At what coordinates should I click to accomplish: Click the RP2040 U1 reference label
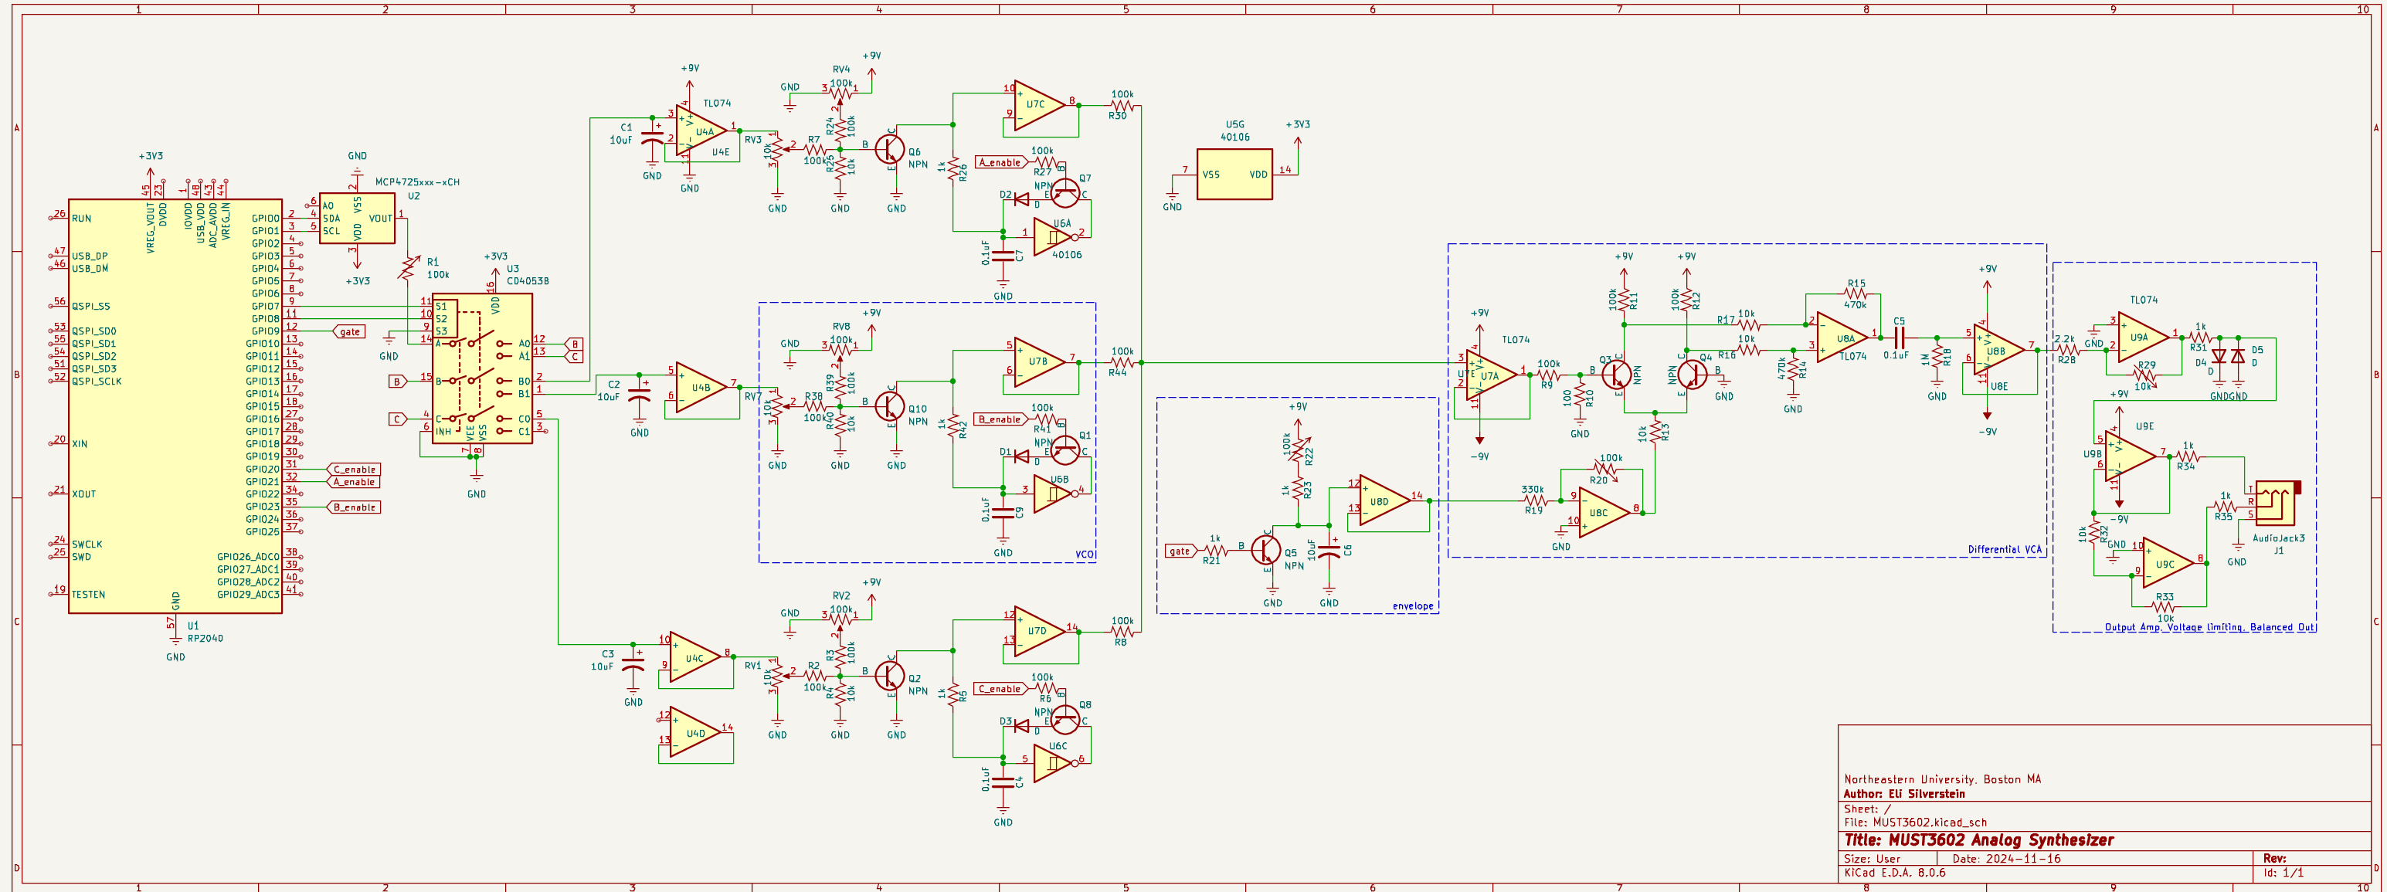click(193, 626)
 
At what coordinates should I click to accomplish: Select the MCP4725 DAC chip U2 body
click(357, 219)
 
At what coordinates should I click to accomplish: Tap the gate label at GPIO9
click(349, 331)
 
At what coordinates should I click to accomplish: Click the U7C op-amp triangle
click(1037, 105)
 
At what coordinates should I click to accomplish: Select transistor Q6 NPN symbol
click(891, 148)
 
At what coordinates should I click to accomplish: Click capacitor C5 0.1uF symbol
click(1898, 337)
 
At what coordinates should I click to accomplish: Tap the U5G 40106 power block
click(1234, 174)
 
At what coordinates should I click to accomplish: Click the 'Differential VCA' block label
click(2003, 549)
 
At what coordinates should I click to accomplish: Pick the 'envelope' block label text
click(1412, 605)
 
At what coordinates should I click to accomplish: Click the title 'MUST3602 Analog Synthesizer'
click(1978, 840)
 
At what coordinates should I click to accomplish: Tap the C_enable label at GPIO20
click(354, 470)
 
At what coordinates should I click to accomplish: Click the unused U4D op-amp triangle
click(693, 734)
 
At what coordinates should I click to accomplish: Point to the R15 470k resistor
click(1854, 294)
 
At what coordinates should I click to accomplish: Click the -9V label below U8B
click(1987, 432)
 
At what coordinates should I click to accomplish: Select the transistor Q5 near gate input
click(1266, 549)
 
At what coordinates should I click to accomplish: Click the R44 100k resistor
click(1121, 363)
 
